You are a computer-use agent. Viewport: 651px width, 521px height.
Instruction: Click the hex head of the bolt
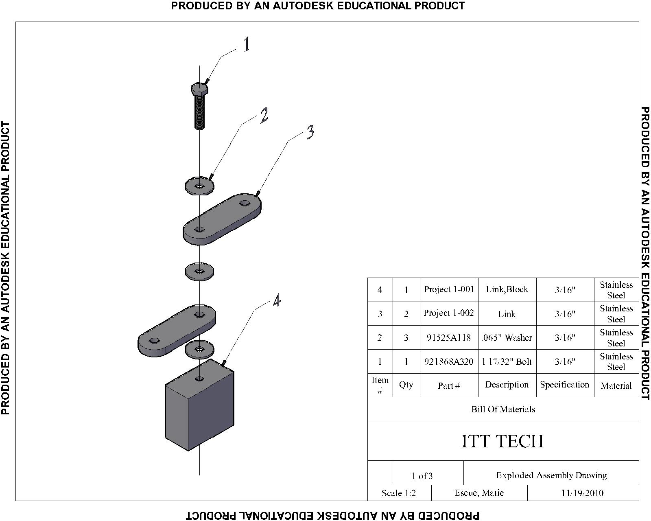pyautogui.click(x=199, y=89)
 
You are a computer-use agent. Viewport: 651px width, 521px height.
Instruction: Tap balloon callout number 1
pyautogui.click(x=247, y=44)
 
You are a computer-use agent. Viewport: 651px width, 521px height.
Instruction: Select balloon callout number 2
pyautogui.click(x=264, y=116)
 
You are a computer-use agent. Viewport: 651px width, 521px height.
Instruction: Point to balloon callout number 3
pyautogui.click(x=310, y=132)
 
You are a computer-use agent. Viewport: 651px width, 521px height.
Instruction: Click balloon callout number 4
pyautogui.click(x=277, y=300)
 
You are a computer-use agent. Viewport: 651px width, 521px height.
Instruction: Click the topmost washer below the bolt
pyautogui.click(x=199, y=186)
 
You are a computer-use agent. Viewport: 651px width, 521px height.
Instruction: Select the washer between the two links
pyautogui.click(x=199, y=271)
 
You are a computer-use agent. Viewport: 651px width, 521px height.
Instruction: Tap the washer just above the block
pyautogui.click(x=199, y=349)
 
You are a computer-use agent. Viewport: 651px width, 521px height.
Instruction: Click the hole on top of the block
pyautogui.click(x=199, y=379)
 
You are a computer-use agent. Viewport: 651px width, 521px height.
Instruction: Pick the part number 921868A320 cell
pyautogui.click(x=449, y=361)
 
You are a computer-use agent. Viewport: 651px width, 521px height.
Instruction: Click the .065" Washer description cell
pyautogui.click(x=507, y=337)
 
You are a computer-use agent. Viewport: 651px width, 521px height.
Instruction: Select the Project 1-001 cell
pyautogui.click(x=449, y=289)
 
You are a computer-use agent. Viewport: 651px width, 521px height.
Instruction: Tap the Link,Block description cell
pyautogui.click(x=507, y=289)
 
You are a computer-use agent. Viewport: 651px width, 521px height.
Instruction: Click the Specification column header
pyautogui.click(x=564, y=385)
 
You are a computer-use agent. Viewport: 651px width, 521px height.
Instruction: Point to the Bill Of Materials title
pyautogui.click(x=503, y=409)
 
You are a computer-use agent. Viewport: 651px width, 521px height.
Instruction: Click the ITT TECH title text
pyautogui.click(x=502, y=441)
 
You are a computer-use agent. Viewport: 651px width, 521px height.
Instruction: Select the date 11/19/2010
pyautogui.click(x=582, y=493)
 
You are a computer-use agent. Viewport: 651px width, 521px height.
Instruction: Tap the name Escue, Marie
pyautogui.click(x=479, y=493)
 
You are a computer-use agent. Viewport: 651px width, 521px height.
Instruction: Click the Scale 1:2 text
pyautogui.click(x=399, y=493)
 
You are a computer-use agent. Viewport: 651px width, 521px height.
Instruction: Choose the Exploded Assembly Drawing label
pyautogui.click(x=551, y=475)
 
